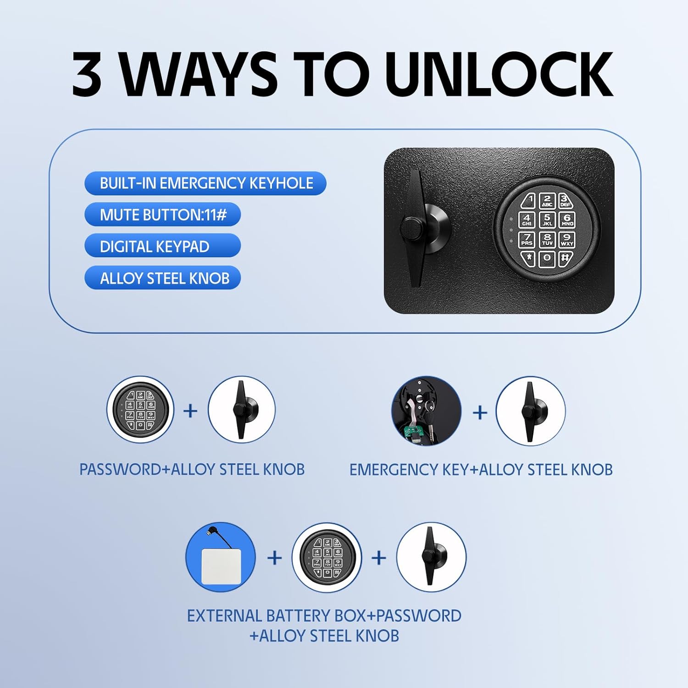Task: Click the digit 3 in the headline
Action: tap(87, 74)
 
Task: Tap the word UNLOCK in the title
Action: tap(499, 74)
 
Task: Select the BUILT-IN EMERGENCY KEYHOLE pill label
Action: tap(205, 183)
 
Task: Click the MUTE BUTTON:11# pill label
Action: tap(163, 215)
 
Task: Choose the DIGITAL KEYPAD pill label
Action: tap(163, 246)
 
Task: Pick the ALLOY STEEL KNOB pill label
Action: tap(163, 278)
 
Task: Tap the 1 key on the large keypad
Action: tap(528, 200)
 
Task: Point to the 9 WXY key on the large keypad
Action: tap(567, 239)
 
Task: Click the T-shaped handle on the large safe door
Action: tap(416, 228)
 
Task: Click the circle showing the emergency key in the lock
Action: tap(426, 411)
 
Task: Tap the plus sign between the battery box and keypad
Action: tap(274, 558)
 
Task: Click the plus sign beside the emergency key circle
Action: tap(480, 412)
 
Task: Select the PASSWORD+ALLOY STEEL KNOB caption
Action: tap(192, 470)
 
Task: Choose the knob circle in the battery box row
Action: tap(431, 557)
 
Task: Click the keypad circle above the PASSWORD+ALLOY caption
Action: tap(140, 410)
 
